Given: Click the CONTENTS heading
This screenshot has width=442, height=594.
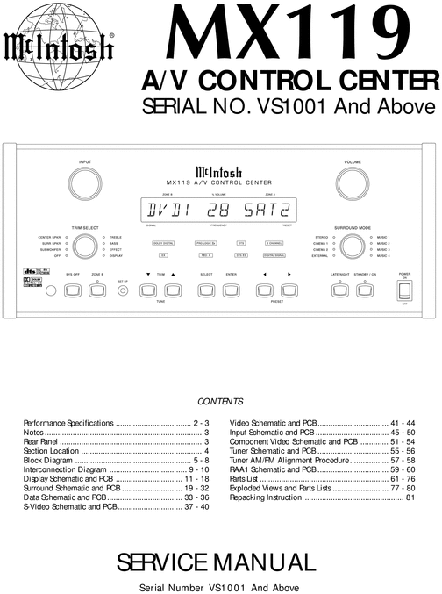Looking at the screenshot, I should [220, 401].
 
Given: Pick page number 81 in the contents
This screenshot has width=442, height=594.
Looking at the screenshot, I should [410, 497].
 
